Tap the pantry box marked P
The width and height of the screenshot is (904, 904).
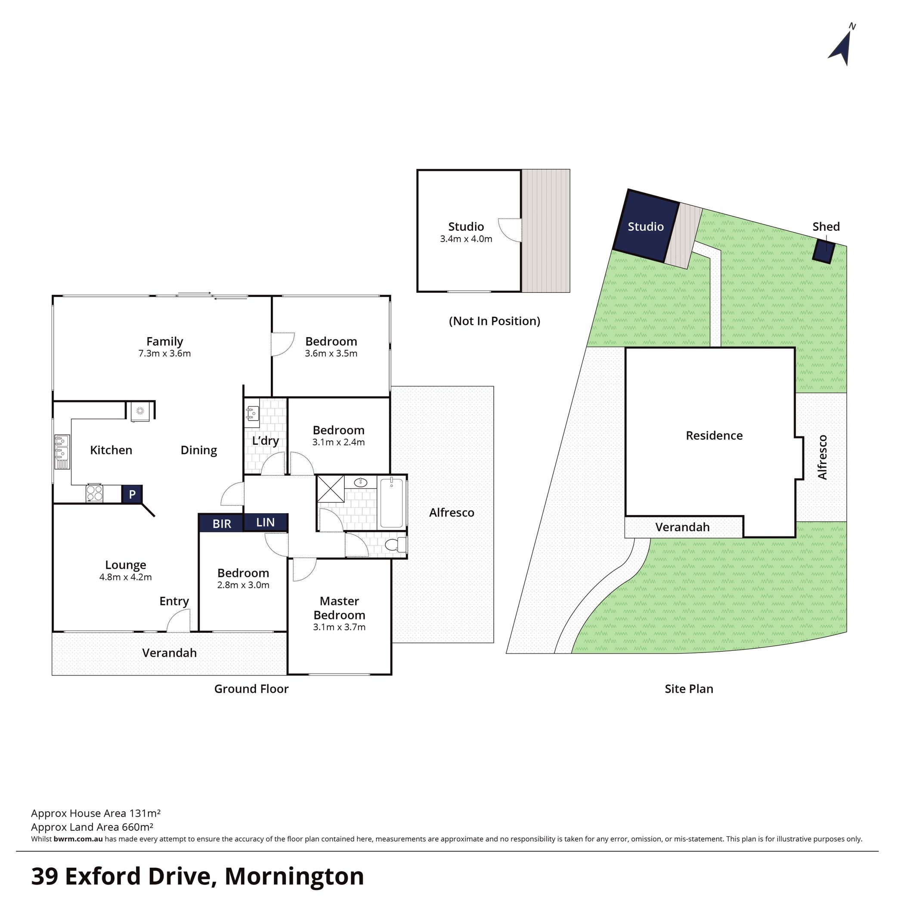pyautogui.click(x=133, y=494)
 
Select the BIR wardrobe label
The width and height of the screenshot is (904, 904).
pyautogui.click(x=222, y=523)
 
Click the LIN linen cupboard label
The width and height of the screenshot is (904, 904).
pyautogui.click(x=265, y=523)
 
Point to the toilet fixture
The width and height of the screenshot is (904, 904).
pyautogui.click(x=396, y=545)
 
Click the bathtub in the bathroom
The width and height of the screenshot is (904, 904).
pyautogui.click(x=392, y=502)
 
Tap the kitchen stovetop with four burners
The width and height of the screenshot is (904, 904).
pyautogui.click(x=94, y=493)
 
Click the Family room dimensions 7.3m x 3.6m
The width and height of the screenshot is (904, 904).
pyautogui.click(x=165, y=354)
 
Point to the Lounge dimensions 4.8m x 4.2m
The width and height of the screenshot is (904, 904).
pyautogui.click(x=125, y=577)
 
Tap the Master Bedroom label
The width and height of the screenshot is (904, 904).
pyautogui.click(x=339, y=608)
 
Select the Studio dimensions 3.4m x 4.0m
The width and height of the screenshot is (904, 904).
pyautogui.click(x=466, y=239)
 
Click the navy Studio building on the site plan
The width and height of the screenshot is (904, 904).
pyautogui.click(x=646, y=226)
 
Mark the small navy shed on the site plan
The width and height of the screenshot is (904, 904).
pyautogui.click(x=823, y=252)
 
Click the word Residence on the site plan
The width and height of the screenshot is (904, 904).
pyautogui.click(x=714, y=436)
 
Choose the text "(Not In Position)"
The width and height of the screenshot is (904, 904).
pyautogui.click(x=495, y=321)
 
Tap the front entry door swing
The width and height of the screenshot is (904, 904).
pyautogui.click(x=179, y=622)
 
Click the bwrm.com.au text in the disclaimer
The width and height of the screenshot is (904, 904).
pyautogui.click(x=78, y=839)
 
